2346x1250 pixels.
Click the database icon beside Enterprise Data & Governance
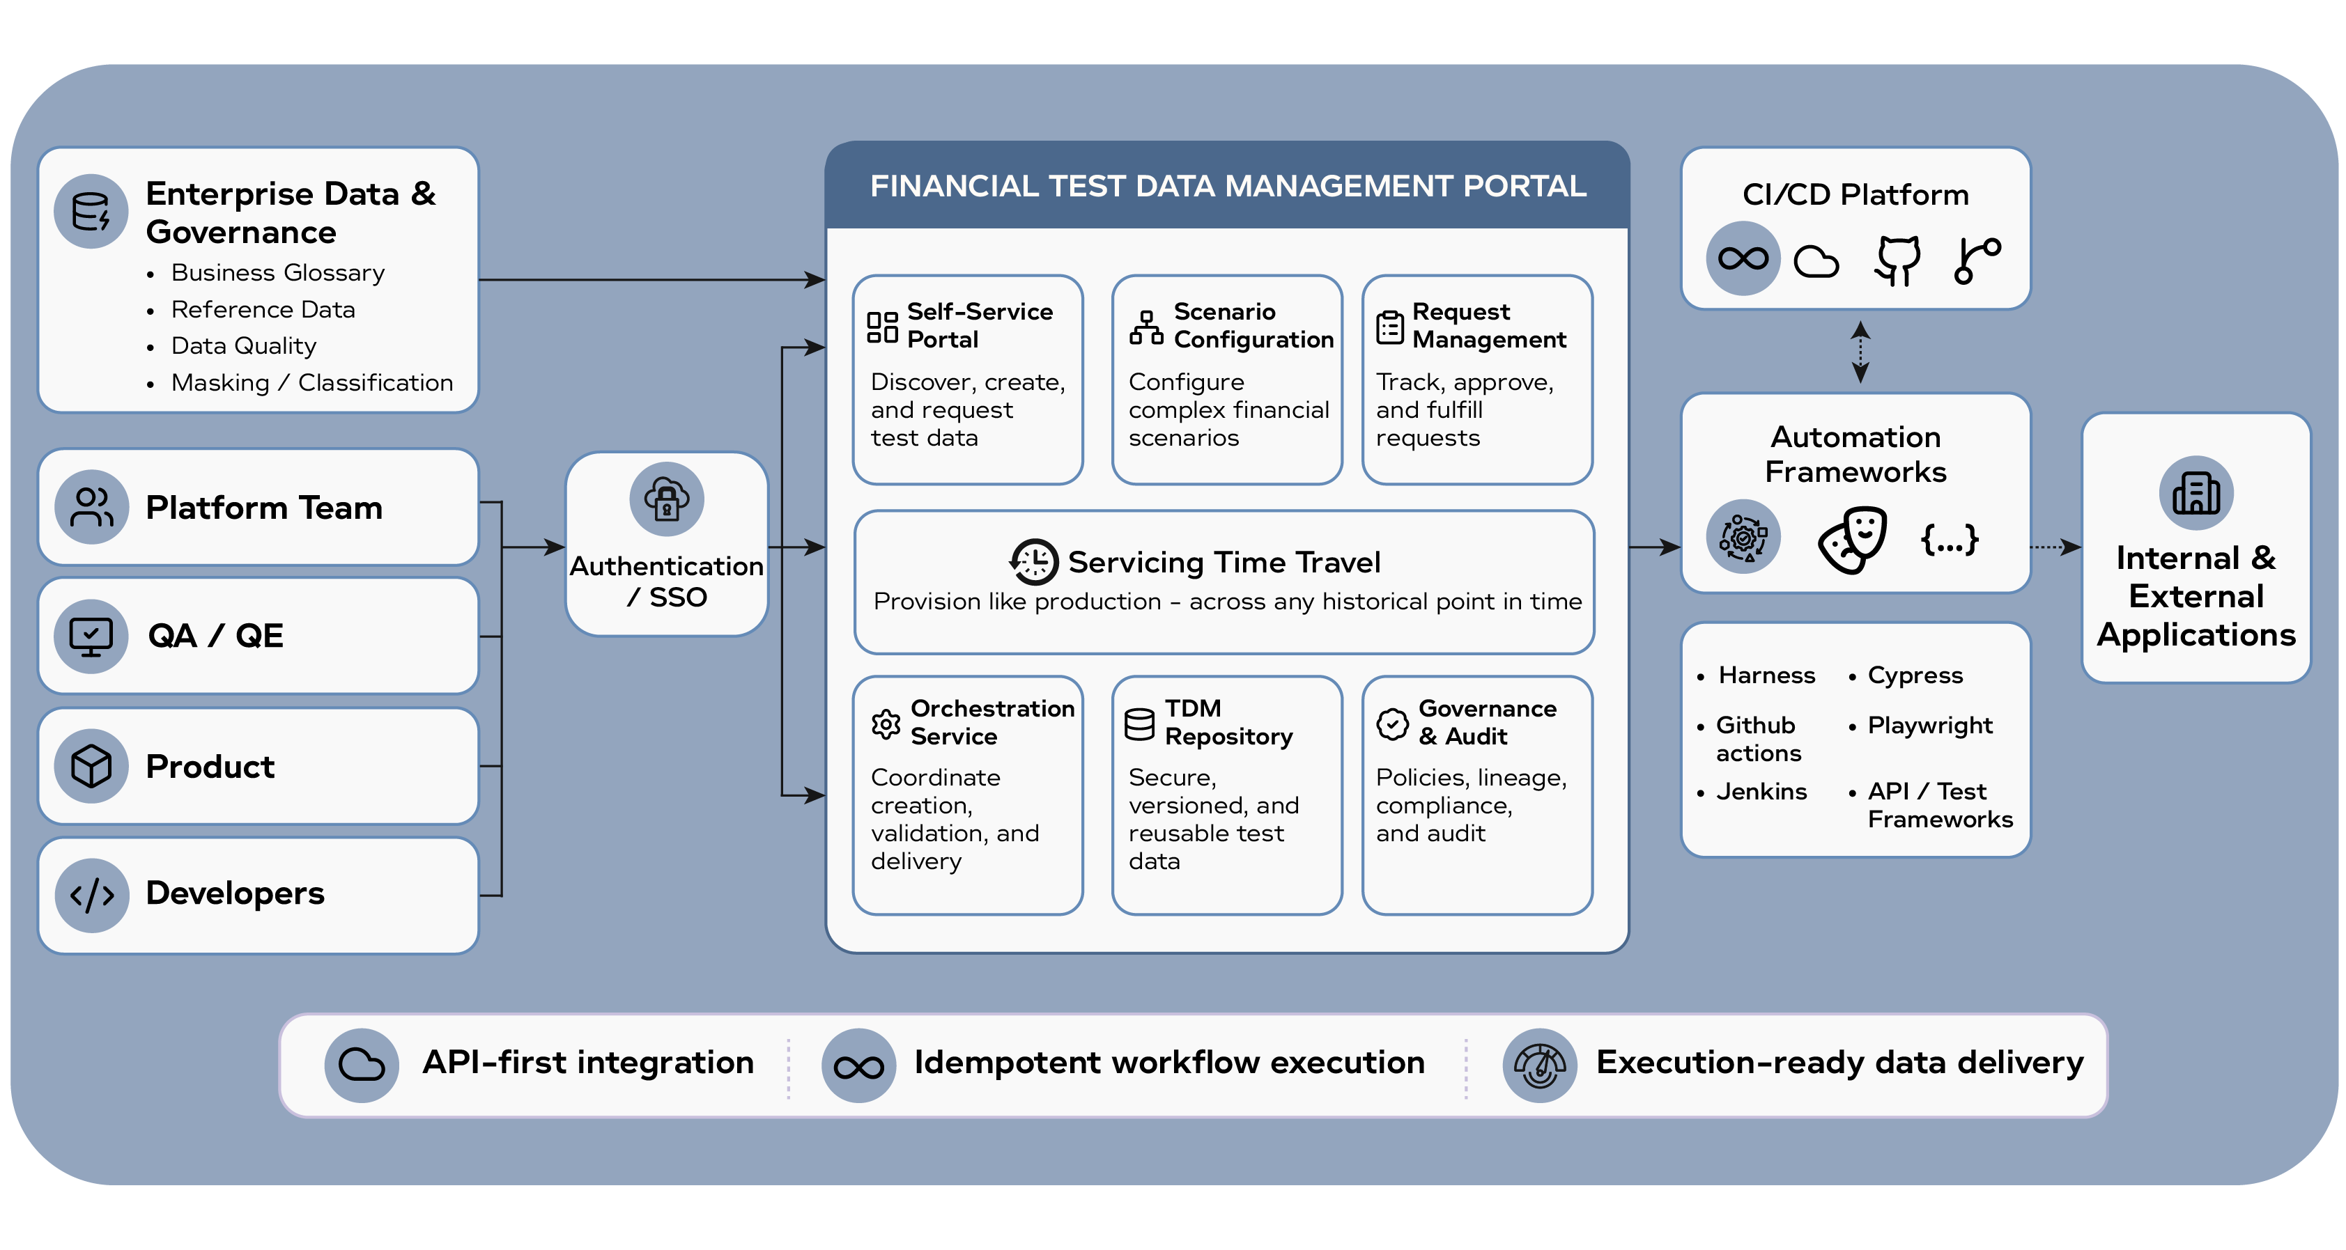click(x=91, y=211)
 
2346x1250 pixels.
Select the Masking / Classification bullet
click(x=311, y=382)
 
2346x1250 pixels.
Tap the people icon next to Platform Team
click(x=91, y=507)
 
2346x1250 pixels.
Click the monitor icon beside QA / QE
click(x=91, y=636)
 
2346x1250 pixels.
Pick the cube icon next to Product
click(x=91, y=765)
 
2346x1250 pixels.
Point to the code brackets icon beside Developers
click(x=91, y=894)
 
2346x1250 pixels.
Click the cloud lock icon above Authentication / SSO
click(x=667, y=499)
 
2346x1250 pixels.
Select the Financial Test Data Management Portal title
click(x=1228, y=186)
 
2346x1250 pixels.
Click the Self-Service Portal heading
click(x=980, y=325)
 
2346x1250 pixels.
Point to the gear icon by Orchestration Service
click(x=885, y=724)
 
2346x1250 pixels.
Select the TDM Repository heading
click(x=1228, y=722)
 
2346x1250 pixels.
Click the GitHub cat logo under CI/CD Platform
click(x=1898, y=260)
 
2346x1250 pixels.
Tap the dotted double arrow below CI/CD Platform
click(x=1860, y=352)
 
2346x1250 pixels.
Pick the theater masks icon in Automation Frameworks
click(x=1853, y=540)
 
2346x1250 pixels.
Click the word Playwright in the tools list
click(x=1930, y=726)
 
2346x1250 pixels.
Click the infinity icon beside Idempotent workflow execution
click(x=858, y=1066)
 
